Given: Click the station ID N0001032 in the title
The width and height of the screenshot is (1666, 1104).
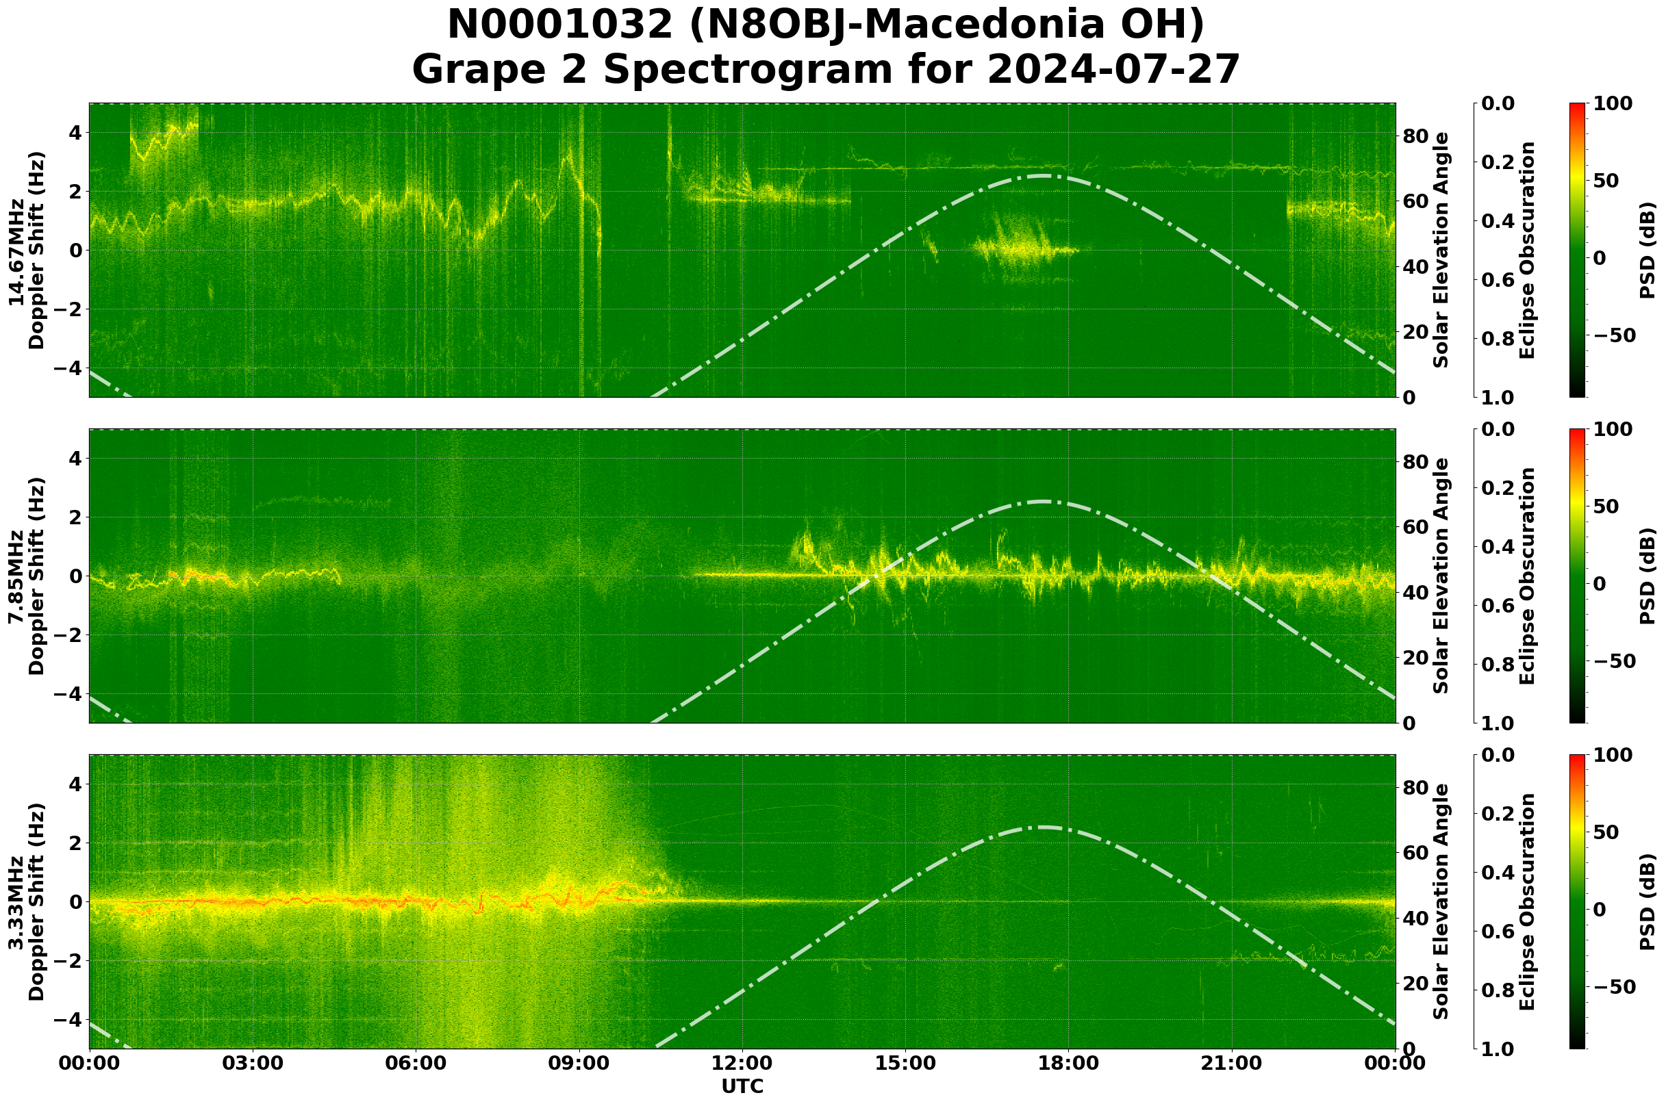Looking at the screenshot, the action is [x=561, y=25].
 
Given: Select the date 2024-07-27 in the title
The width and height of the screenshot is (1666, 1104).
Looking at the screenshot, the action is [x=1113, y=70].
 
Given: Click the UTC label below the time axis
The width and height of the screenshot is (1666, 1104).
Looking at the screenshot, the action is [x=742, y=1086].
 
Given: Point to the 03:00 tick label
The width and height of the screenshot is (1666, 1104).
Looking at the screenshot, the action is [x=252, y=1063].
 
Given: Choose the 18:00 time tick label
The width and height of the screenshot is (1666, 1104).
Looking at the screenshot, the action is [x=1069, y=1063].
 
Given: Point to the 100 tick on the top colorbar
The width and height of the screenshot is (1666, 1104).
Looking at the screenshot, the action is [x=1613, y=103].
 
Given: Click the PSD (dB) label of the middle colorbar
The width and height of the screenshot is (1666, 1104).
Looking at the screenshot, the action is [x=1647, y=576].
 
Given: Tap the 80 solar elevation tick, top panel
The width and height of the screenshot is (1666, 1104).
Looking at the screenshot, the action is [x=1415, y=136].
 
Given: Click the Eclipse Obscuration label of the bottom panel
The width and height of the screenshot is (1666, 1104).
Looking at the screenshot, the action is [x=1527, y=902].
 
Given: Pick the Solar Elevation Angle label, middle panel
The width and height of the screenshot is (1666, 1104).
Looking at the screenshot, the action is [x=1441, y=576].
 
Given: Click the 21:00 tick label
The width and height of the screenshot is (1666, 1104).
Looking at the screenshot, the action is [x=1232, y=1063].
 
